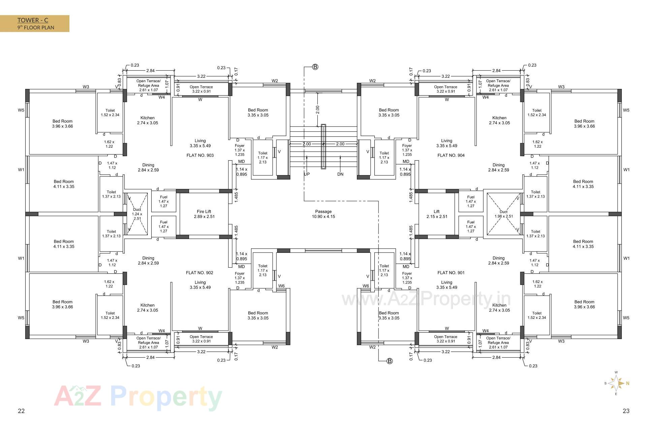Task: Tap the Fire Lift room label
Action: click(x=204, y=214)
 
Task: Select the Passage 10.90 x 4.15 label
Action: click(x=323, y=214)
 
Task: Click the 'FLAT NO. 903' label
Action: click(x=200, y=156)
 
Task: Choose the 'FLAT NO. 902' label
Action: click(x=199, y=273)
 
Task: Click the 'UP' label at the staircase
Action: click(x=307, y=174)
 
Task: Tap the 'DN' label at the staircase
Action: click(x=340, y=174)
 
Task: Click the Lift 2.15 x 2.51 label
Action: click(x=437, y=214)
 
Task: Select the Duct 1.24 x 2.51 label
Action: click(x=137, y=214)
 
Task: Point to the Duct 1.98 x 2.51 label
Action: click(x=503, y=214)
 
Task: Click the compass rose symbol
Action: click(x=617, y=383)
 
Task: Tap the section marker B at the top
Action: click(x=315, y=67)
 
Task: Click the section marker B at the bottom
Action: click(x=390, y=361)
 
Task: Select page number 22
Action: click(x=21, y=411)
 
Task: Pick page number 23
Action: click(x=626, y=411)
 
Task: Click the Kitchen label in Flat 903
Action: click(x=148, y=121)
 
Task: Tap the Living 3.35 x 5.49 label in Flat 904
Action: click(x=446, y=143)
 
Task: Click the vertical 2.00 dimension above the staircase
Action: click(x=317, y=110)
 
